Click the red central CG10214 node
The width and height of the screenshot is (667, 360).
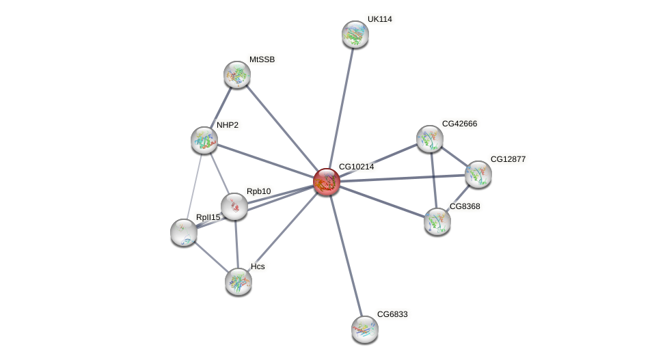pyautogui.click(x=327, y=182)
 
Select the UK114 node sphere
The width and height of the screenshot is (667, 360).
pyautogui.click(x=355, y=34)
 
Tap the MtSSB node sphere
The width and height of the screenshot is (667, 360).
pyautogui.click(x=237, y=74)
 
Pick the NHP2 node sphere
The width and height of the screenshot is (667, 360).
pyautogui.click(x=204, y=140)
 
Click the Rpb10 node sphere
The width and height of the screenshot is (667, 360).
pyautogui.click(x=234, y=206)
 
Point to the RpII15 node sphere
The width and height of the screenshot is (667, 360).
pyautogui.click(x=184, y=232)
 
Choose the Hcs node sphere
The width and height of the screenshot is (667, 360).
pyautogui.click(x=239, y=281)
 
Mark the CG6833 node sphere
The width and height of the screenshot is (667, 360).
pyautogui.click(x=365, y=329)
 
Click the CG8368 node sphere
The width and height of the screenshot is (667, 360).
pyautogui.click(x=437, y=221)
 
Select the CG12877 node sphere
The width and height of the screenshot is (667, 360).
pyautogui.click(x=478, y=174)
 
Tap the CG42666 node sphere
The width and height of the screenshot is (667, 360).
pyautogui.click(x=430, y=139)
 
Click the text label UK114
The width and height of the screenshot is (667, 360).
pyautogui.click(x=379, y=19)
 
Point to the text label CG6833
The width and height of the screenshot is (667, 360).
pyautogui.click(x=392, y=314)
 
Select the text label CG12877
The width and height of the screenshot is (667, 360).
pyautogui.click(x=508, y=159)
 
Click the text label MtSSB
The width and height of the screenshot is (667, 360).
pyautogui.click(x=262, y=59)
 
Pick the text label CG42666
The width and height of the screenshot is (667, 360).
pyautogui.click(x=459, y=124)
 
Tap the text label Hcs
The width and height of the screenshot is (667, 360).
pyautogui.click(x=258, y=266)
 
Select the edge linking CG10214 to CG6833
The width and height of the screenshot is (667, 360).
pyautogui.click(x=346, y=255)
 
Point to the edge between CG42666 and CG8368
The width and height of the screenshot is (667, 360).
pyautogui.click(x=433, y=180)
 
